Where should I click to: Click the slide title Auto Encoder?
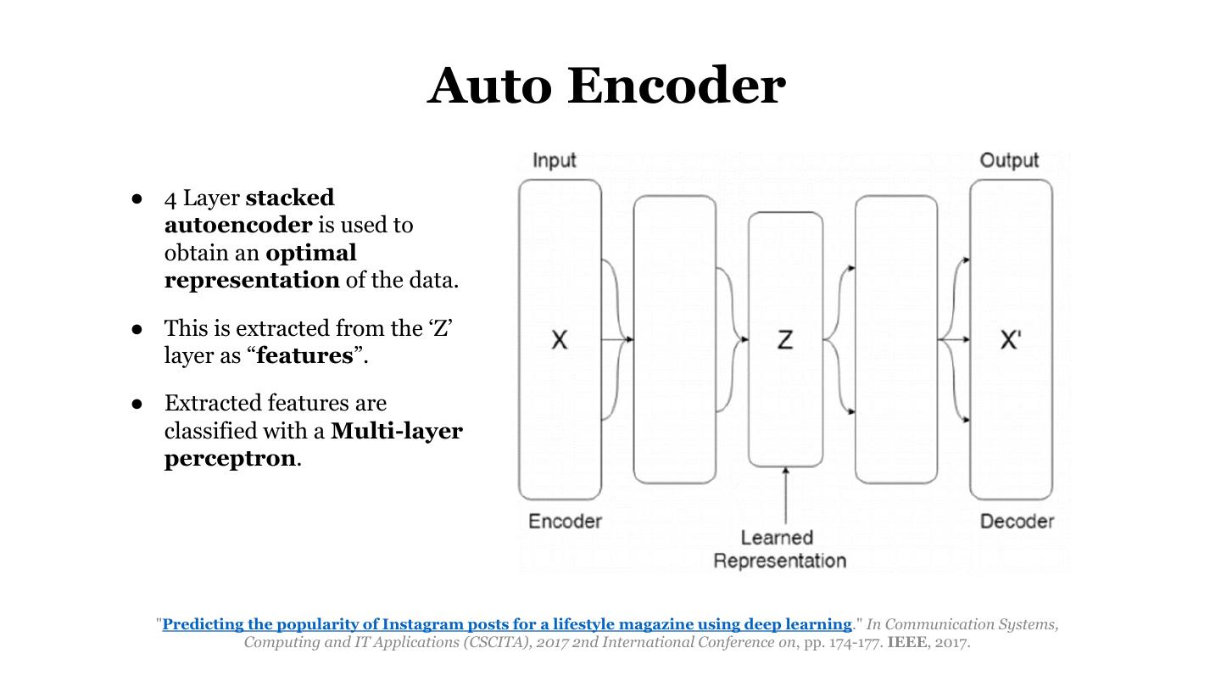click(606, 86)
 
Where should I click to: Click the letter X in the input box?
click(560, 340)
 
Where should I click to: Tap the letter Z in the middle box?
click(785, 340)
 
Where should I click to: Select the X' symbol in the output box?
click(1011, 340)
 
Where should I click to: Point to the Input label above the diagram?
click(555, 160)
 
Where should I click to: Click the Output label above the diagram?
click(1009, 160)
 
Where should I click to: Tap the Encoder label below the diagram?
click(565, 521)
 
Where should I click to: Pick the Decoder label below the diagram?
click(1017, 521)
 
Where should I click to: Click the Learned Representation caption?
click(779, 549)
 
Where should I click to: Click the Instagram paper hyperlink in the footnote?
click(506, 624)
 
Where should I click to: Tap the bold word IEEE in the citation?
click(906, 642)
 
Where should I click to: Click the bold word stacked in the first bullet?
click(290, 198)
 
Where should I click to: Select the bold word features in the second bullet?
click(304, 355)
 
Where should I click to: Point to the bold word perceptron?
click(230, 458)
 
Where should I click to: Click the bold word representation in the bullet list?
click(252, 280)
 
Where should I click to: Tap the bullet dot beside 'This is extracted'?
click(137, 328)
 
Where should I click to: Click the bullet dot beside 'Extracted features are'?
click(137, 403)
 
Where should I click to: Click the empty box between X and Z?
click(675, 340)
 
